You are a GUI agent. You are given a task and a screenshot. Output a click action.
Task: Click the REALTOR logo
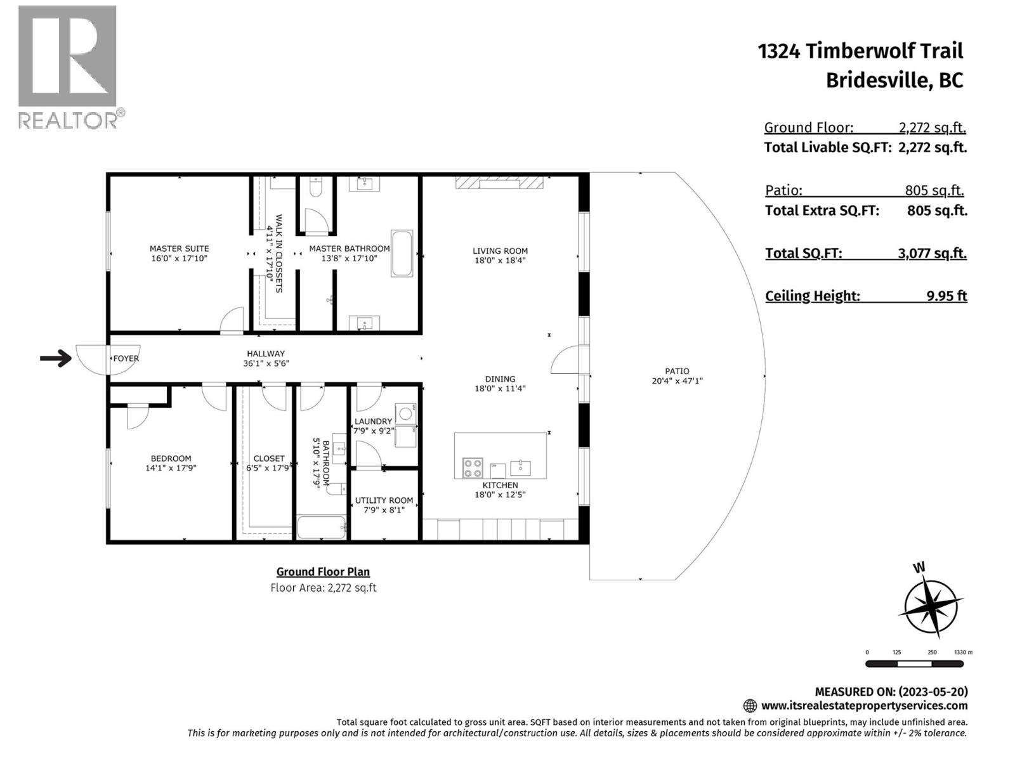click(x=67, y=67)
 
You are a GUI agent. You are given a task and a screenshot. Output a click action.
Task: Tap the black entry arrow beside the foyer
click(x=56, y=359)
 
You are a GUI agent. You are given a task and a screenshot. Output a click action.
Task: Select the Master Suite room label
click(x=179, y=249)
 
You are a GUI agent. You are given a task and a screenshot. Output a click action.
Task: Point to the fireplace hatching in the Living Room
click(x=499, y=183)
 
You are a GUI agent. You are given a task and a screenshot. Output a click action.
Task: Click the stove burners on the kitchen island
click(x=473, y=468)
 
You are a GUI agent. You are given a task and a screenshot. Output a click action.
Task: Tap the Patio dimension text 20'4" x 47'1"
click(x=677, y=381)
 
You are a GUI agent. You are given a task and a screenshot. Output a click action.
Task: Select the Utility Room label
click(x=384, y=500)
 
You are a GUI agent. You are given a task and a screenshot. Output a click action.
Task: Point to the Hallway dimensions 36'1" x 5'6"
click(x=266, y=363)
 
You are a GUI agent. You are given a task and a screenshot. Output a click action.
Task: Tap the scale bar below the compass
click(x=914, y=664)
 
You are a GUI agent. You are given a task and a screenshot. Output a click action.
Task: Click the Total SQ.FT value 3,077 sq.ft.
click(x=932, y=253)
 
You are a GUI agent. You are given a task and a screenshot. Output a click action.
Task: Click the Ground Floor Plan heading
click(x=323, y=571)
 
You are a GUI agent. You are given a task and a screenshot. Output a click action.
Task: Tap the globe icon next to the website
click(x=750, y=706)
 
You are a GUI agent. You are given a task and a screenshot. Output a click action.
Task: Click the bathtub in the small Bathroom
click(x=322, y=528)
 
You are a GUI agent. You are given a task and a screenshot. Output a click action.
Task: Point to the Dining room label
click(x=500, y=379)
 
